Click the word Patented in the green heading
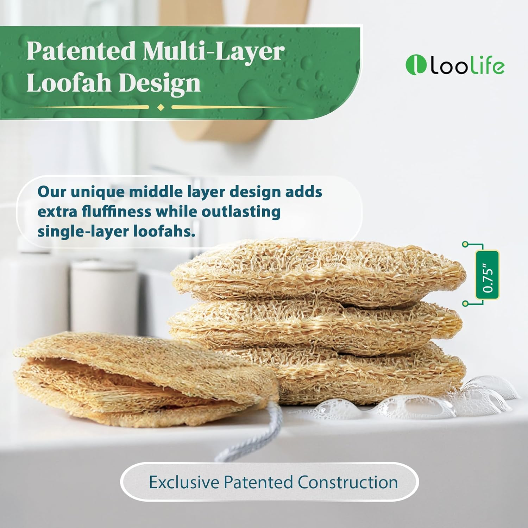[81, 51]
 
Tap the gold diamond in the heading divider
[161, 107]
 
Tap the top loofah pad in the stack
[317, 271]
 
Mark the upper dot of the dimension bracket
[465, 244]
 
